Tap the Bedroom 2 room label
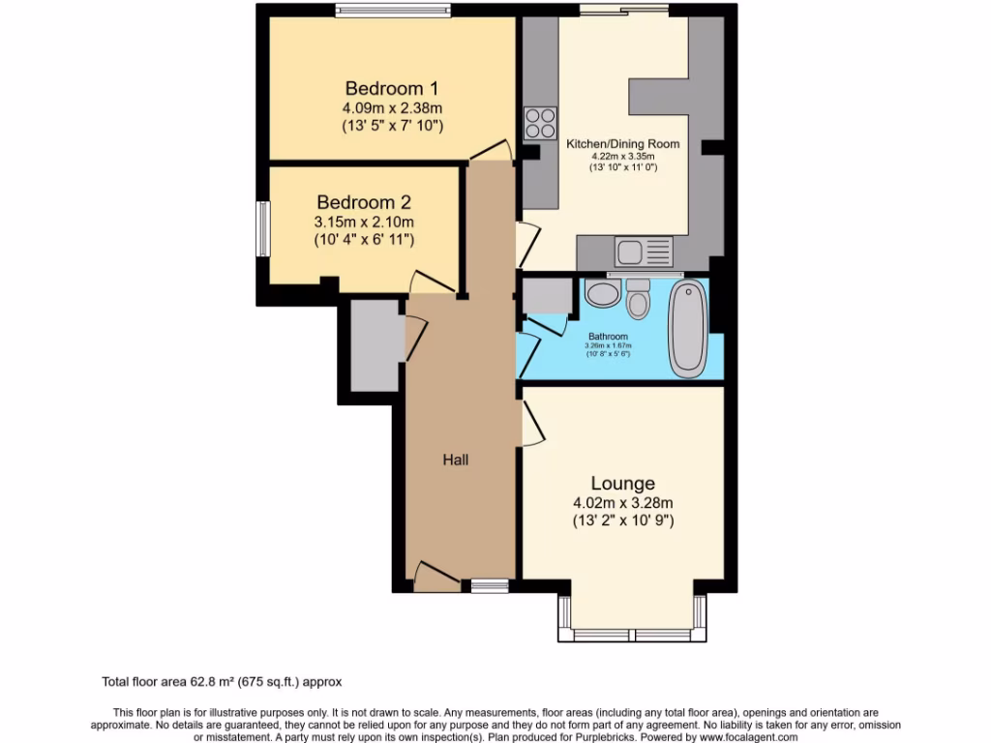tap(364, 203)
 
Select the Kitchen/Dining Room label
tap(622, 144)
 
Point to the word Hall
tap(455, 460)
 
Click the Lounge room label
tap(623, 483)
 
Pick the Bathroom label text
tap(609, 337)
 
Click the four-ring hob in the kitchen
tap(540, 124)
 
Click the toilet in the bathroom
tap(638, 301)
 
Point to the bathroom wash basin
tap(601, 294)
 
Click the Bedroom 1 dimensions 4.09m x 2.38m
tap(392, 108)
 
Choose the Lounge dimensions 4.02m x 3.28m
tap(623, 503)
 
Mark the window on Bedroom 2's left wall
tap(261, 229)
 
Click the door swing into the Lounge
tap(531, 423)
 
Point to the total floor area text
tap(222, 681)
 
